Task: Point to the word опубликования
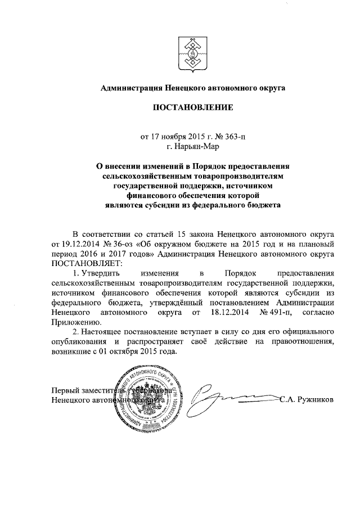click(79, 342)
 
